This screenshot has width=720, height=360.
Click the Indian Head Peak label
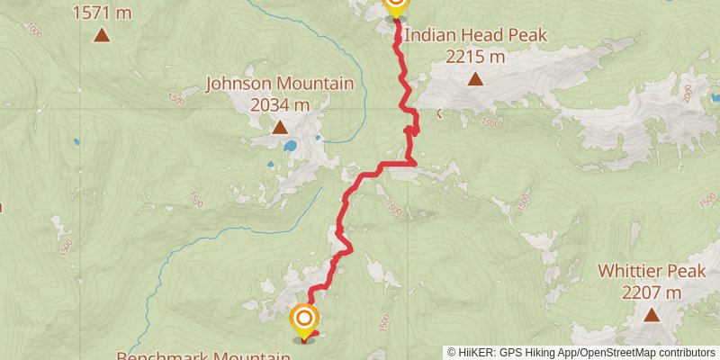coord(475,36)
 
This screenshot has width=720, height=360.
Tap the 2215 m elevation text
coord(475,57)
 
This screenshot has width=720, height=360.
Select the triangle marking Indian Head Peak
coord(475,78)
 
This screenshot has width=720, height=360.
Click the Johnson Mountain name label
coord(279,84)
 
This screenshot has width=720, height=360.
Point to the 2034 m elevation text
coord(279,104)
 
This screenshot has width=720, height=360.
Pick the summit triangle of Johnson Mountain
coord(279,127)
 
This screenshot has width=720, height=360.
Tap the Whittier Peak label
coord(652,271)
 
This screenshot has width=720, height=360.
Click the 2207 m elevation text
coord(652,292)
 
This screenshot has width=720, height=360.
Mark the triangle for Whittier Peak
coord(652,314)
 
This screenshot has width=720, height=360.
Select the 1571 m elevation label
coord(102,13)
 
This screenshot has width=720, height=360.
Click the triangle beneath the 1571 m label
coord(102,35)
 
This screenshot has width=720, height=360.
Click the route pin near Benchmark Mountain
coord(304,319)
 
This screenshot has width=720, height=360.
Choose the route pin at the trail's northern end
coord(395,6)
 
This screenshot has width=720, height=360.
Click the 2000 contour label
coord(687,94)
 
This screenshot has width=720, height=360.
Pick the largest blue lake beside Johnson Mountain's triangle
coord(290,145)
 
